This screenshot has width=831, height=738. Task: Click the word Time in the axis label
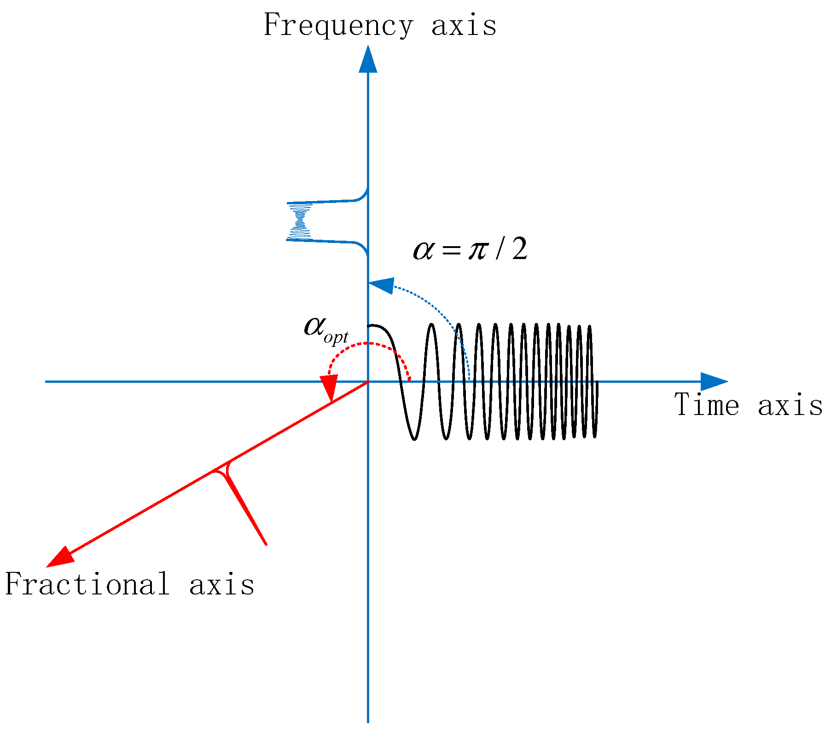click(x=706, y=405)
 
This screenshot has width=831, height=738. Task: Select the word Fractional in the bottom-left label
click(x=87, y=584)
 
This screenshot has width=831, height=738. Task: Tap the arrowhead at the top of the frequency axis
click(x=368, y=60)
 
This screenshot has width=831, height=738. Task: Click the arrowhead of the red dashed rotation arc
click(x=330, y=387)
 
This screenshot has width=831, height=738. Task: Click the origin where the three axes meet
click(x=368, y=381)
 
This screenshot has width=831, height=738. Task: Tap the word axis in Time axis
click(x=790, y=405)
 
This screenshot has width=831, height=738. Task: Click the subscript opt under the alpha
click(x=336, y=338)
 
